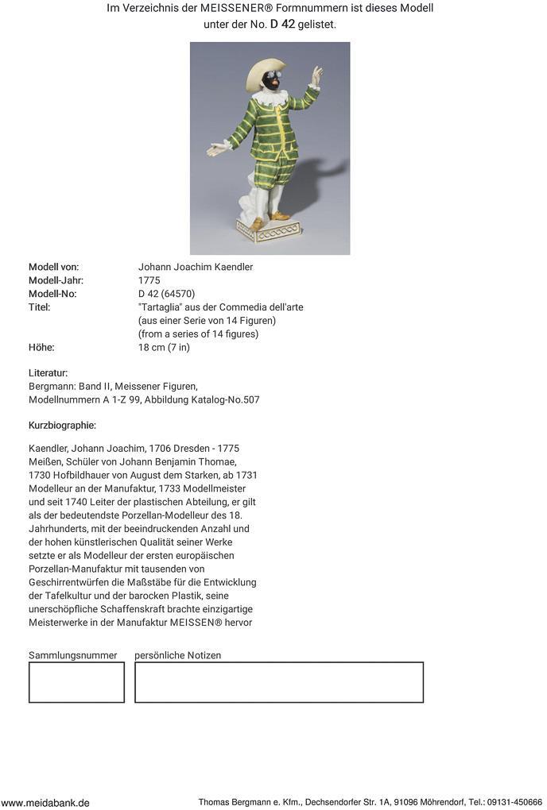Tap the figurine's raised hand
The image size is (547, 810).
click(317, 76)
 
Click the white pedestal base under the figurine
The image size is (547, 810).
click(269, 230)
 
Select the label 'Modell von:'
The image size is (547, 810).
click(53, 267)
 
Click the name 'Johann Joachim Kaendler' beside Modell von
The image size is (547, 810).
click(196, 267)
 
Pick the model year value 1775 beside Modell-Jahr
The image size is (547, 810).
click(149, 280)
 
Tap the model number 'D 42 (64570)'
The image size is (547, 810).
click(166, 294)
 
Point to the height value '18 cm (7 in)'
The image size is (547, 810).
click(164, 347)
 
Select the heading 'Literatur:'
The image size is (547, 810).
click(48, 372)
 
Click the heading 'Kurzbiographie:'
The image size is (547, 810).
click(62, 426)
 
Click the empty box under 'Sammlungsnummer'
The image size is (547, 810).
click(76, 682)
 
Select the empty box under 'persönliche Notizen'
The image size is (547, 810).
click(278, 682)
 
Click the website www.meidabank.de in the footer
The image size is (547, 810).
click(45, 803)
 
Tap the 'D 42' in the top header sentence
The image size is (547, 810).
click(282, 24)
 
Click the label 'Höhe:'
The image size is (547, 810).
click(41, 347)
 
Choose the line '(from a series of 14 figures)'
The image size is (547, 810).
click(198, 334)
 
